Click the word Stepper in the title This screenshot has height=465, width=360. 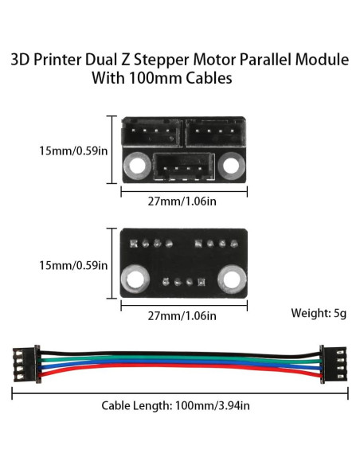(177, 60)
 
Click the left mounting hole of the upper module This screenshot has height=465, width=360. (135, 165)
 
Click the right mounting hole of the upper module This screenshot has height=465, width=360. (233, 165)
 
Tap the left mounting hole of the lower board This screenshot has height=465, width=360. (135, 279)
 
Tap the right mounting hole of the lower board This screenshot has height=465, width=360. (233, 279)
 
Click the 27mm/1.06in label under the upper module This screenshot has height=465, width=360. (184, 201)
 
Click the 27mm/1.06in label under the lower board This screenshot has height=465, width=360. (184, 315)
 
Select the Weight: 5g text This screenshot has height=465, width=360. (319, 313)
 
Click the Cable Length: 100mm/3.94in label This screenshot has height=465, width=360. (176, 405)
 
